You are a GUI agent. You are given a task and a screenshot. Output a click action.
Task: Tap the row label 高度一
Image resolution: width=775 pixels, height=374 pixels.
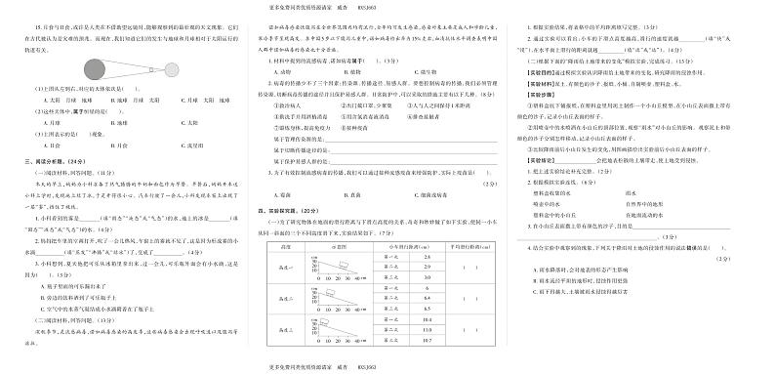pos(286,267)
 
